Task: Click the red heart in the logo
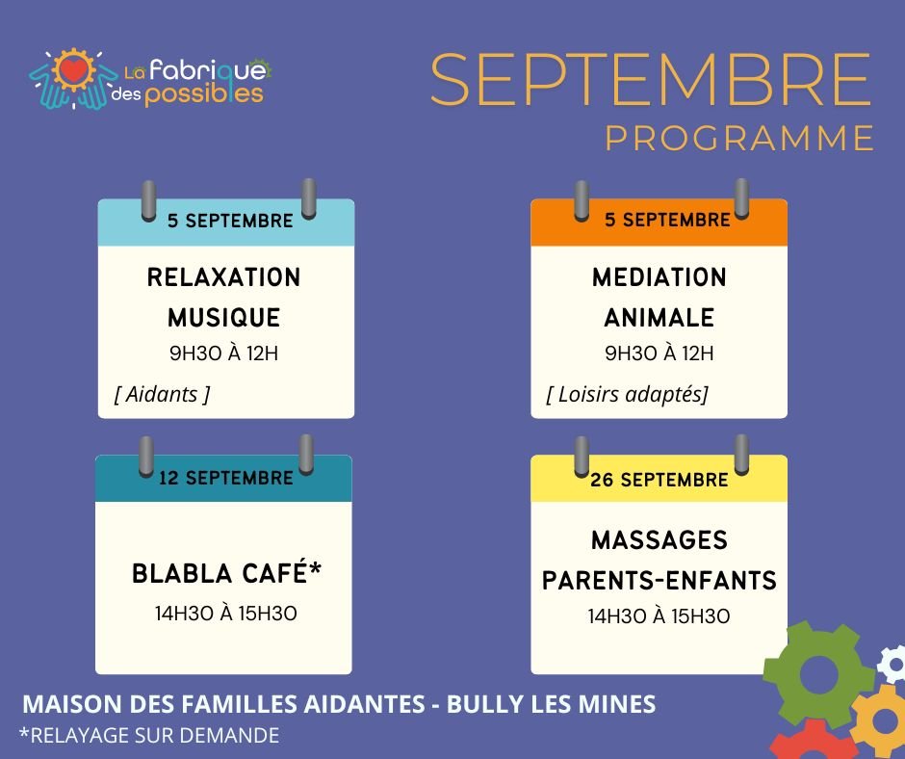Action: point(74,70)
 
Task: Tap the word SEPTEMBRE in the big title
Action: point(651,80)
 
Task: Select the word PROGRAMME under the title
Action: point(739,138)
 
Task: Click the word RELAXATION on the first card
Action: point(224,277)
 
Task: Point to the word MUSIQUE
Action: point(224,318)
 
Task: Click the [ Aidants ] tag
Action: point(162,395)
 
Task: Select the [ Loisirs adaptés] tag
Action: point(627,395)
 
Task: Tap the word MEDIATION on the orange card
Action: point(659,277)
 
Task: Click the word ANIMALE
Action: point(659,318)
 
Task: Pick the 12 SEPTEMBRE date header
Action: point(226,478)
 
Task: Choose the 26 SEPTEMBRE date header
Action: point(659,480)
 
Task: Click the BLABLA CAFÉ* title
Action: point(226,573)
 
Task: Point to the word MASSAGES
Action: point(659,540)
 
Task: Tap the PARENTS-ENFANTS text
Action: point(659,581)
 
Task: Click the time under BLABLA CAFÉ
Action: point(225,614)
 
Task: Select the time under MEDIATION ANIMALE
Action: point(659,353)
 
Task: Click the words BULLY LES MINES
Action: point(552,704)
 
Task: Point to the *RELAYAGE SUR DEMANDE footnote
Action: point(149,735)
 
